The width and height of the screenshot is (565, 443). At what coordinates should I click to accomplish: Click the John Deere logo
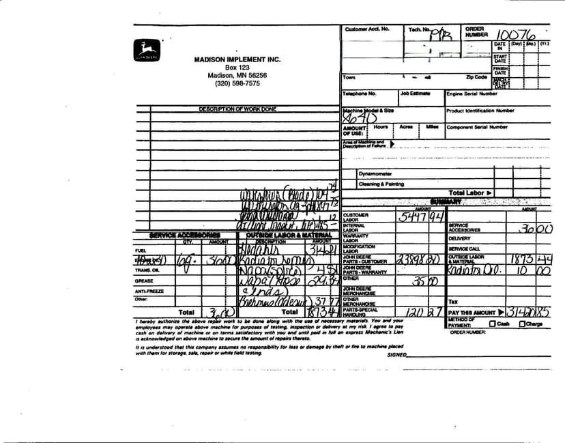146,50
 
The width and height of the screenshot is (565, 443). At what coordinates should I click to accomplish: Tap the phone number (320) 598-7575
237,84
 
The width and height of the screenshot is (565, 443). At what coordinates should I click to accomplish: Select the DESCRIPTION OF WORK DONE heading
237,109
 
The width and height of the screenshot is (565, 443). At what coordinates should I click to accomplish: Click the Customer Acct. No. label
367,29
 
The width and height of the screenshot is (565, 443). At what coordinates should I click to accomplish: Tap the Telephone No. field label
360,94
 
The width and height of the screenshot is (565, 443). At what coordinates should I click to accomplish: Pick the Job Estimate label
415,94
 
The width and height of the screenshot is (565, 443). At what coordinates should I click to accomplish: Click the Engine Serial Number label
472,94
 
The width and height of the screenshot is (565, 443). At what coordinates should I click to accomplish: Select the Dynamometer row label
375,174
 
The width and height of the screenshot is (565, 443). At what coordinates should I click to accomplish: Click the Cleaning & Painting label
381,184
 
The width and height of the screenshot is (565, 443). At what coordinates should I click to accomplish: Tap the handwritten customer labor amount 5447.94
422,218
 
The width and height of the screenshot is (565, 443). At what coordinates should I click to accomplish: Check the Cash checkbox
492,324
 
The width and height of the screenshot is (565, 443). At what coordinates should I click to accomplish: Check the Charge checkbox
522,324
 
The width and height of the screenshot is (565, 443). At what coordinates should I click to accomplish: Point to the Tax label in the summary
453,301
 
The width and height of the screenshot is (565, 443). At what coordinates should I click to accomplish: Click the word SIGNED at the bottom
396,355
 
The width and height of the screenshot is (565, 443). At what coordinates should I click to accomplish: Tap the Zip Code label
476,77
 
